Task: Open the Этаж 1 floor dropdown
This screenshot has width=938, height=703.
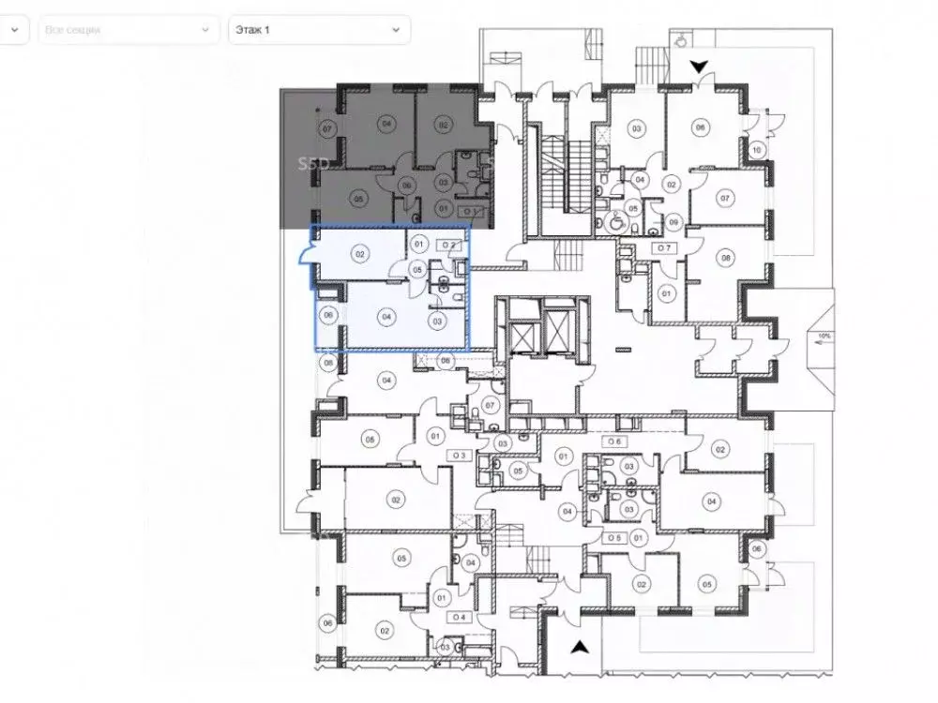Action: [x=318, y=30]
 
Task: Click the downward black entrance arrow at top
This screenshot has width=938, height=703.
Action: [x=698, y=67]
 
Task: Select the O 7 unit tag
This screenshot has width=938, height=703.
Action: [x=664, y=247]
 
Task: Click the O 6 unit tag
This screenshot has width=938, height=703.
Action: [x=615, y=441]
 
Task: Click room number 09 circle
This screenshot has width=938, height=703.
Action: [x=674, y=221]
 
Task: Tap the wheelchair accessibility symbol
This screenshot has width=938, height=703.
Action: [x=616, y=223]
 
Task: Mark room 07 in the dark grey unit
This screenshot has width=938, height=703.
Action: [x=327, y=127]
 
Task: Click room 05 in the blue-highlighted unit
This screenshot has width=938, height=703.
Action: [x=417, y=270]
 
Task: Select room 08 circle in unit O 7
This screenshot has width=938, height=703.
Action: [x=725, y=258]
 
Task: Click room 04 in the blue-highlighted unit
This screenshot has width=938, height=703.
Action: [x=386, y=318]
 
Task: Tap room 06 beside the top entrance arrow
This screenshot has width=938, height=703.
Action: [x=699, y=127]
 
